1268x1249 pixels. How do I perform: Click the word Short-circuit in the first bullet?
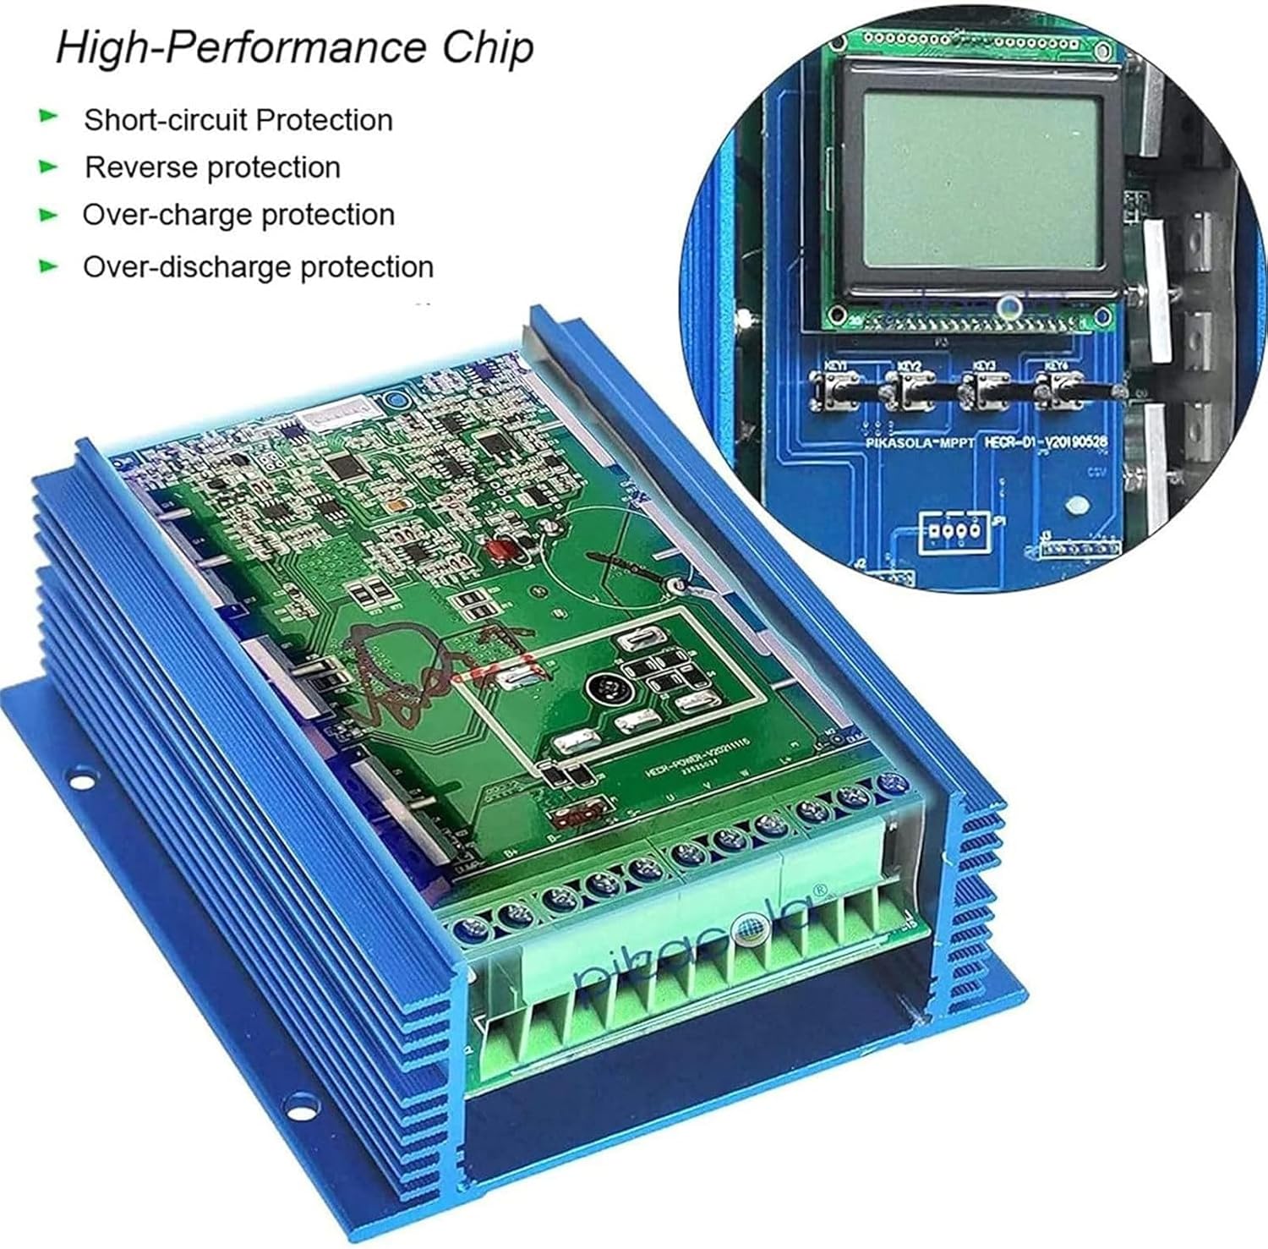tap(166, 120)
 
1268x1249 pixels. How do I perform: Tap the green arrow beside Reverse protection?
tap(49, 167)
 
